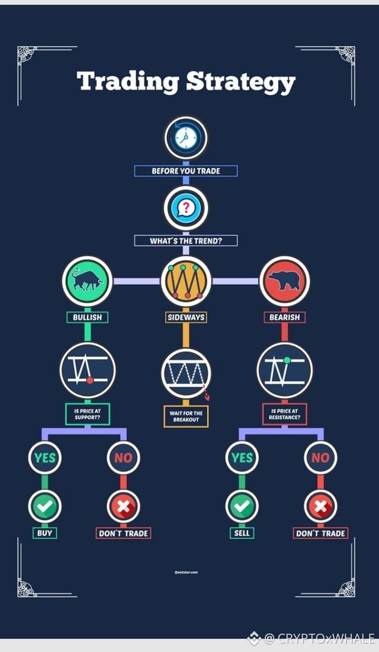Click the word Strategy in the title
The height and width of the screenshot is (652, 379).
[241, 83]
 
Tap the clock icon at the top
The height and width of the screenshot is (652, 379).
[185, 138]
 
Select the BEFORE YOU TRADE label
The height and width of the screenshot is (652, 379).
[186, 171]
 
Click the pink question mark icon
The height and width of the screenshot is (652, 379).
[185, 208]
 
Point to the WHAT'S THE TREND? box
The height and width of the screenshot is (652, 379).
[186, 241]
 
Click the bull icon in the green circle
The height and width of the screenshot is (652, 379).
[87, 281]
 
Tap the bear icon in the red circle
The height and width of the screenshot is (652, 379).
[284, 281]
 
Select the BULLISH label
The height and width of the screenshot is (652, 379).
[87, 317]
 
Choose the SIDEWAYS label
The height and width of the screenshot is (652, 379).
[186, 317]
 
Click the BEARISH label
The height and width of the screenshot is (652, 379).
[284, 317]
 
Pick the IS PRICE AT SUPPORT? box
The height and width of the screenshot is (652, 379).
[87, 414]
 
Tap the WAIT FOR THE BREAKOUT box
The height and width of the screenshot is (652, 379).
[186, 416]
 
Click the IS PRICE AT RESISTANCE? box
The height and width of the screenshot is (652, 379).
[284, 414]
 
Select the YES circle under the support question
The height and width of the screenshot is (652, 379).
[45, 458]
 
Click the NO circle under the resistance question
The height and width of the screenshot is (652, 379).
[320, 458]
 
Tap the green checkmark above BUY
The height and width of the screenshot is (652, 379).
[45, 507]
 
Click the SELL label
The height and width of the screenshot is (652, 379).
[242, 534]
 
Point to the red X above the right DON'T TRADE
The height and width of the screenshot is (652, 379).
[320, 507]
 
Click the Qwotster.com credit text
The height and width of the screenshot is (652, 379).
[186, 572]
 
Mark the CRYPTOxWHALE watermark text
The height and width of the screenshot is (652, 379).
[320, 639]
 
